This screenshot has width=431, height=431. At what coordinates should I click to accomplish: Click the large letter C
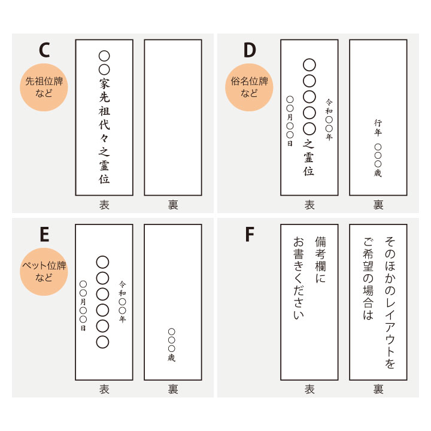point(44,50)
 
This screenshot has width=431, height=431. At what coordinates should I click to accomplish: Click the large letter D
point(250,50)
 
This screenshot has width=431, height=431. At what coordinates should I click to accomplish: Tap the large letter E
point(44,234)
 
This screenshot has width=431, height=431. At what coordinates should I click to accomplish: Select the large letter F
point(249,234)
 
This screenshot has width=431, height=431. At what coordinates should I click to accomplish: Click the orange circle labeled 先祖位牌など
point(44,87)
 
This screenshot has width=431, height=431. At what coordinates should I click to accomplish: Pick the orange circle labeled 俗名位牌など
point(249,87)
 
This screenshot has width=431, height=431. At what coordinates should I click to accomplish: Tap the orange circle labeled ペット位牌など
point(44,272)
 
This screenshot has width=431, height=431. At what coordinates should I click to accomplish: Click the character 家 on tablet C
point(104,84)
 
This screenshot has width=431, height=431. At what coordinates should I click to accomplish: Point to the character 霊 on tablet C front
point(104,165)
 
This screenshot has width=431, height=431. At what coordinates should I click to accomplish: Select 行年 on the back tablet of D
point(378,128)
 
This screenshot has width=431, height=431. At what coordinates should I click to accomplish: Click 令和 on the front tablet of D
point(329,107)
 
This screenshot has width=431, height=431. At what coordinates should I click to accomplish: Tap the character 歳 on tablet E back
point(172,357)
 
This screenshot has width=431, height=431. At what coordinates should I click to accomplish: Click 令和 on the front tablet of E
point(122,289)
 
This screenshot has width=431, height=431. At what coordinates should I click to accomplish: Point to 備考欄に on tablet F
point(320,260)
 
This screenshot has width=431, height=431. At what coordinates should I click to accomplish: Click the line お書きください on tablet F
point(299,278)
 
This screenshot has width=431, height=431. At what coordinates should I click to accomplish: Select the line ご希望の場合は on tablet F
point(368,278)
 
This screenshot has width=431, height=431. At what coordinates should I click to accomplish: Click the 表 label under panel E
point(104,389)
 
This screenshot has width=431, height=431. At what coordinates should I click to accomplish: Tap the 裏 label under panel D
point(378,205)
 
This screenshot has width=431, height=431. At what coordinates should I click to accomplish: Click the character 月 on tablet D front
point(290,117)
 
